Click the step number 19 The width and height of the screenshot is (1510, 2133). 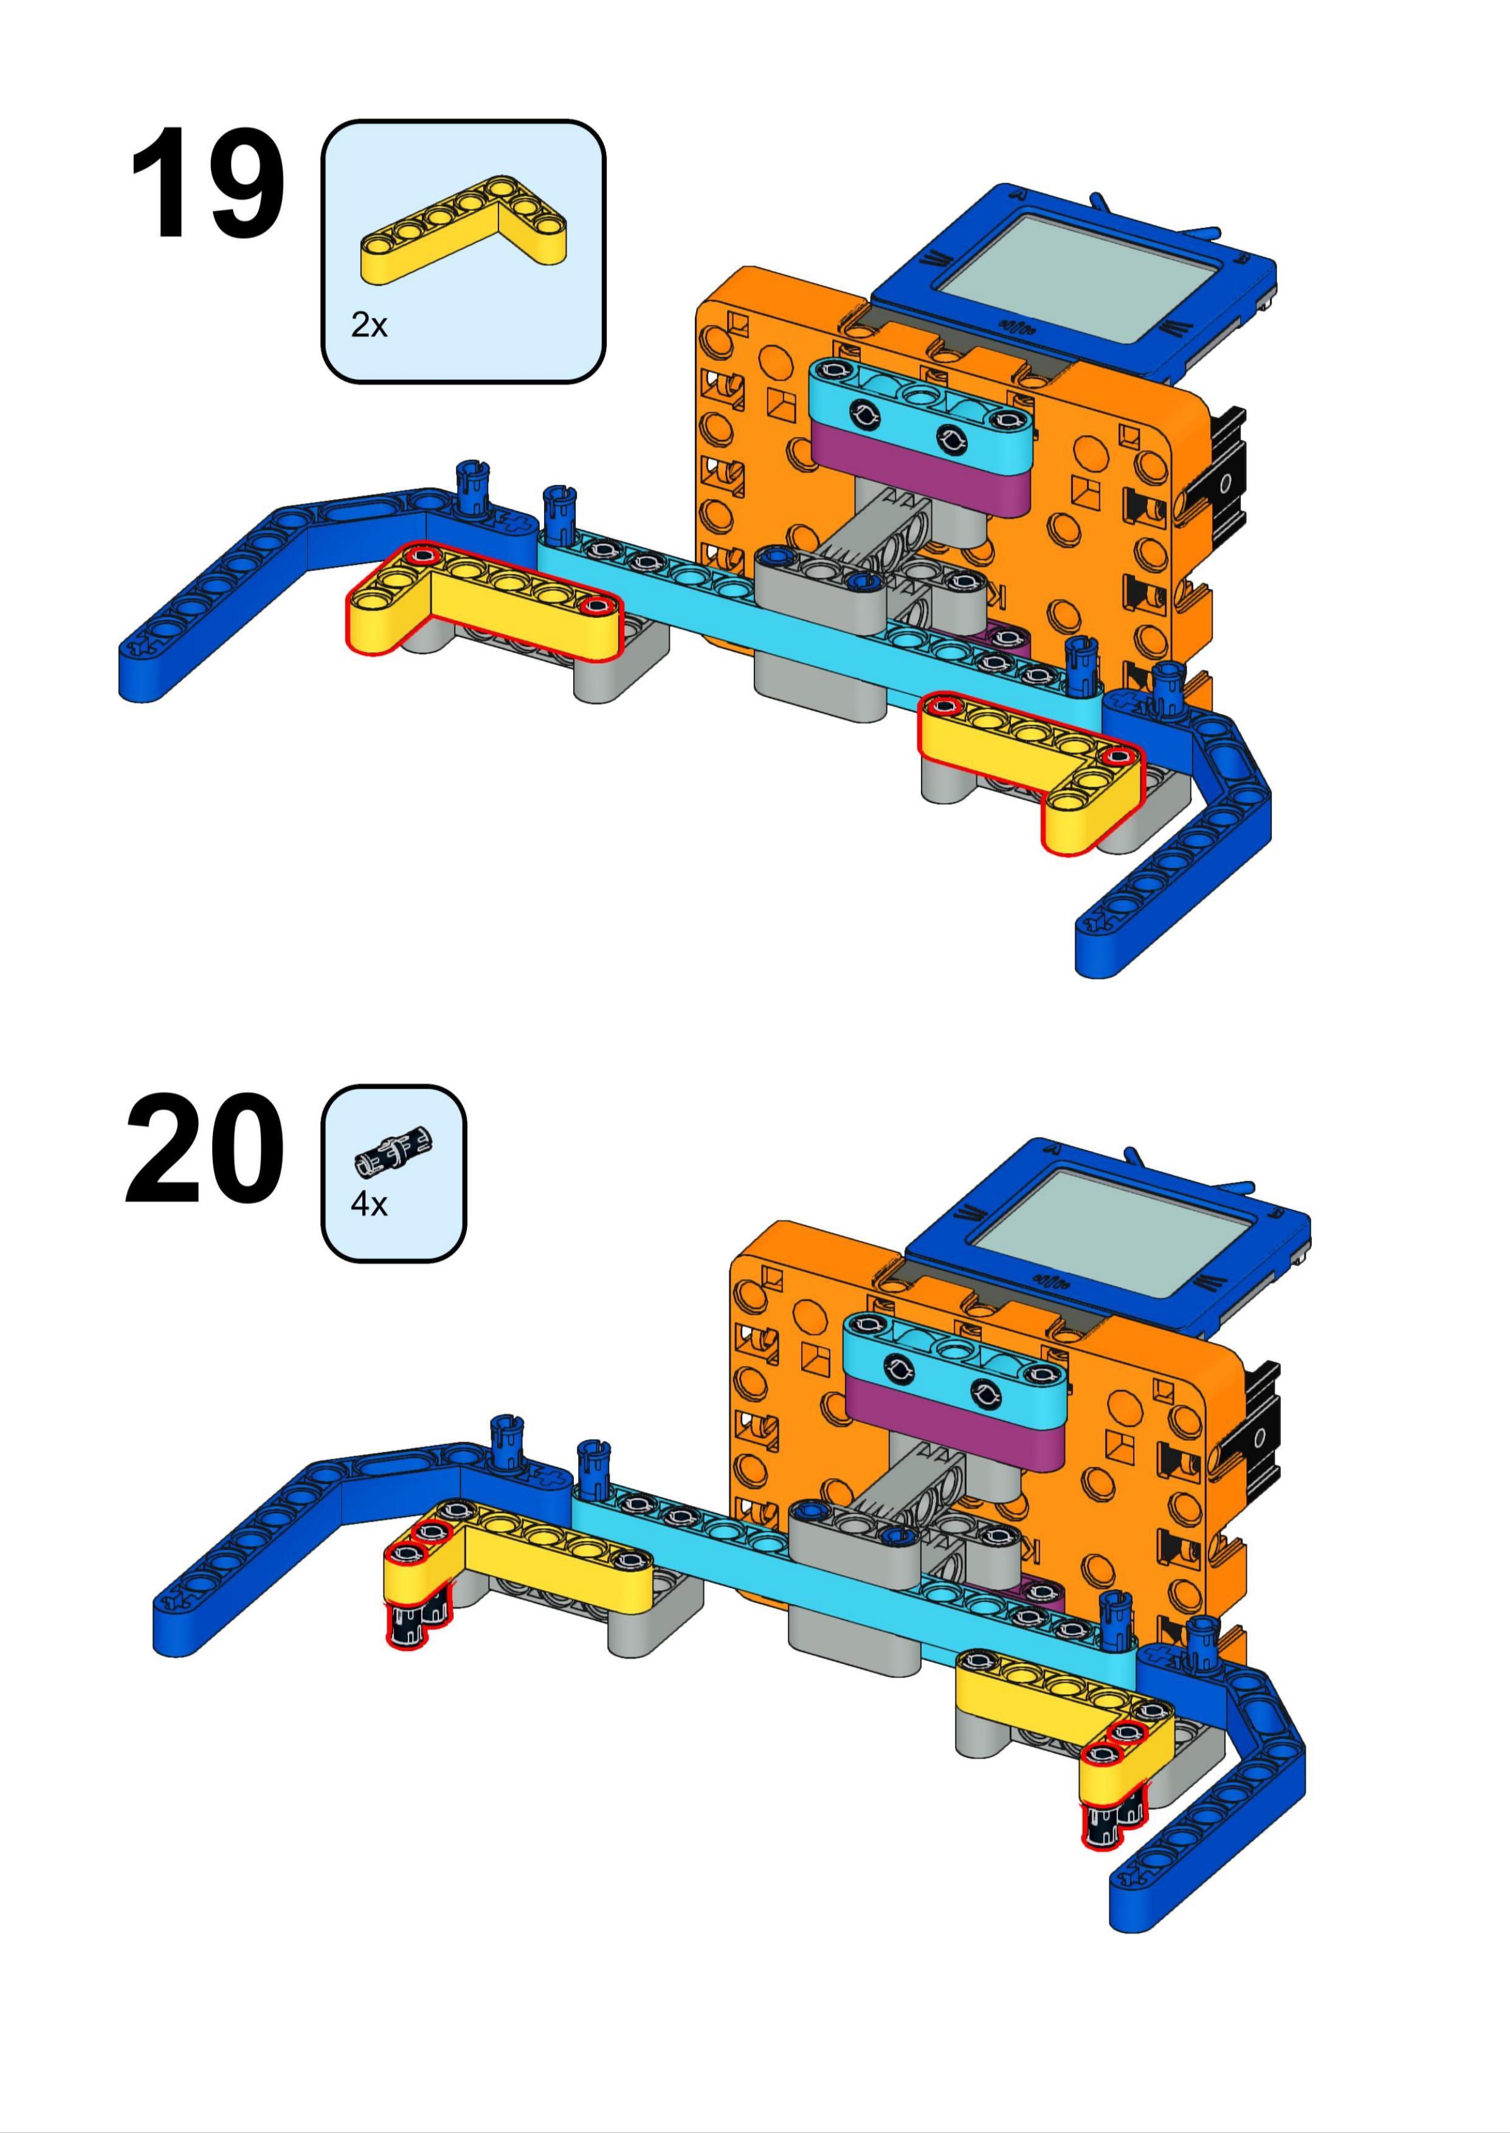207,184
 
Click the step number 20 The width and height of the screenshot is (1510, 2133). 205,1150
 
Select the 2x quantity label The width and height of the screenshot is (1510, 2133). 368,325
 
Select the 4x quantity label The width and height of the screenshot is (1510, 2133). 368,1204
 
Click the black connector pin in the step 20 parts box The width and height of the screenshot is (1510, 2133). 395,1153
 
